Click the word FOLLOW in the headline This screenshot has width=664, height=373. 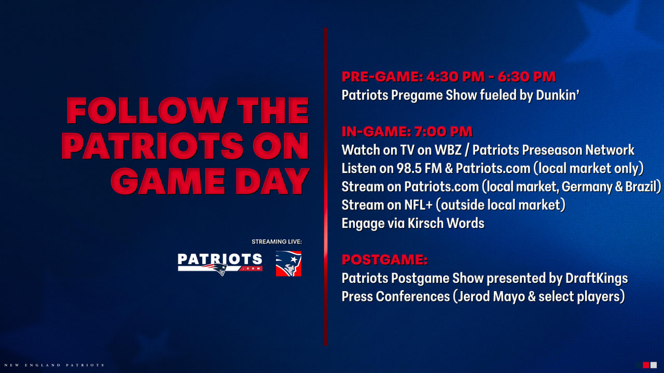[147, 110]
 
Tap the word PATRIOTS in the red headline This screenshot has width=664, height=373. [153, 146]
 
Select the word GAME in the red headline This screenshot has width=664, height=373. [168, 181]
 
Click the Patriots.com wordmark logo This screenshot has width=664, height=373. [220, 264]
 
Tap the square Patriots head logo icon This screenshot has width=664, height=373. [288, 264]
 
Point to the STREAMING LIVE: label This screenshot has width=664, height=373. [276, 241]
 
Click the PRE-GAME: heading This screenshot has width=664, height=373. [382, 77]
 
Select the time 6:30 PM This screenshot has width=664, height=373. [527, 77]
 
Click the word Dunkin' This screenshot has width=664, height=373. [558, 95]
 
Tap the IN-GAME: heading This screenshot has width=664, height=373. [376, 132]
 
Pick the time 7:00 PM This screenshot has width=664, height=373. [444, 132]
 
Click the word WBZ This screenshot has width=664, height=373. [448, 150]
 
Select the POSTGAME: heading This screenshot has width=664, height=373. [384, 260]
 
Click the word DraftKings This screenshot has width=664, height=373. [597, 279]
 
